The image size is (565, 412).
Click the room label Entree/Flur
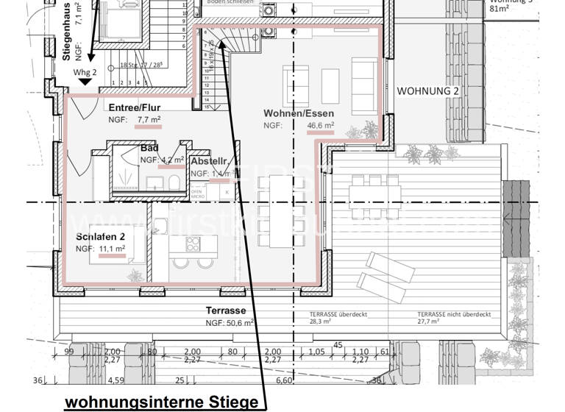[135, 107]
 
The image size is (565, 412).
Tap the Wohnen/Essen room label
[299, 113]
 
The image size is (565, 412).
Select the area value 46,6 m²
[320, 126]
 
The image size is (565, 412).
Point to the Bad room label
[149, 148]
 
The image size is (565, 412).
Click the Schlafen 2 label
[102, 237]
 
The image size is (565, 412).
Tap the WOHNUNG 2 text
[428, 91]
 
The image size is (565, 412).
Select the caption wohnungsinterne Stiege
[162, 402]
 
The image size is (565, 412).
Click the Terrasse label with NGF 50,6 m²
[226, 310]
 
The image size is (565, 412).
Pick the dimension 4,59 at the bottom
[116, 381]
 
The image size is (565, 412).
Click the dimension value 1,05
[316, 352]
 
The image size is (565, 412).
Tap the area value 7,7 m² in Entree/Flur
[149, 119]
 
